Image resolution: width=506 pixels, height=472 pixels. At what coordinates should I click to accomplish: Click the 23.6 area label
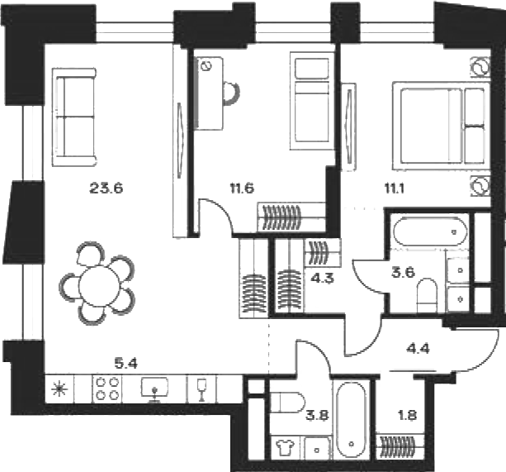click(106, 188)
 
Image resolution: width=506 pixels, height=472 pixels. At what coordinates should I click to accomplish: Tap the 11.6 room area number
click(242, 188)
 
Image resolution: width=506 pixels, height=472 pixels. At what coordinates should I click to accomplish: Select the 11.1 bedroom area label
click(394, 188)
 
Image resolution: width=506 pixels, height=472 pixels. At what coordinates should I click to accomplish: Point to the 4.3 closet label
click(324, 278)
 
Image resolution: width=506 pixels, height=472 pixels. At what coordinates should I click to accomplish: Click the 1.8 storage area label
click(408, 415)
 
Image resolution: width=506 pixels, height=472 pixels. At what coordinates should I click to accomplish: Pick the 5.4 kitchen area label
click(126, 364)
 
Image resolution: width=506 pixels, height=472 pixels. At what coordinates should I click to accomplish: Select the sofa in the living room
click(75, 117)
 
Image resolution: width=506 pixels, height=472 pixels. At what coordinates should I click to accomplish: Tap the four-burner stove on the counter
click(107, 389)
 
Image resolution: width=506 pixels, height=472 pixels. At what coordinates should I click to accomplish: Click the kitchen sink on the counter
click(154, 389)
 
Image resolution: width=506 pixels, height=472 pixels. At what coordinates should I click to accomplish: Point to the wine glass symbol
click(202, 389)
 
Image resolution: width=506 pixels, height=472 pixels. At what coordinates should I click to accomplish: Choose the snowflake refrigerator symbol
click(60, 389)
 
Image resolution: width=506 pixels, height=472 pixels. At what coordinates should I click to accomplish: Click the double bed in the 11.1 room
click(440, 126)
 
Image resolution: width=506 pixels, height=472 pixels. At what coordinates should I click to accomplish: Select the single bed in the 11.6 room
click(311, 101)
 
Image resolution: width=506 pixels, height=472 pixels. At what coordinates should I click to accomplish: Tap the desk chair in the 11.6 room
click(232, 93)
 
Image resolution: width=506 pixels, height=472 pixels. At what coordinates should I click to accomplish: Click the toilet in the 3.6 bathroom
click(427, 295)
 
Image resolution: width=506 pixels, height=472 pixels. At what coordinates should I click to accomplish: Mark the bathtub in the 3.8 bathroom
click(351, 420)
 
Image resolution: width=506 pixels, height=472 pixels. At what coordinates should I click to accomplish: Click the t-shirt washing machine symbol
click(286, 447)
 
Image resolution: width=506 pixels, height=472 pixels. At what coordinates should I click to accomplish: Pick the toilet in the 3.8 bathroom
click(286, 403)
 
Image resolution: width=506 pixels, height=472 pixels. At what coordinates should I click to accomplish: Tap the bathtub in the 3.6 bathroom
click(430, 231)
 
